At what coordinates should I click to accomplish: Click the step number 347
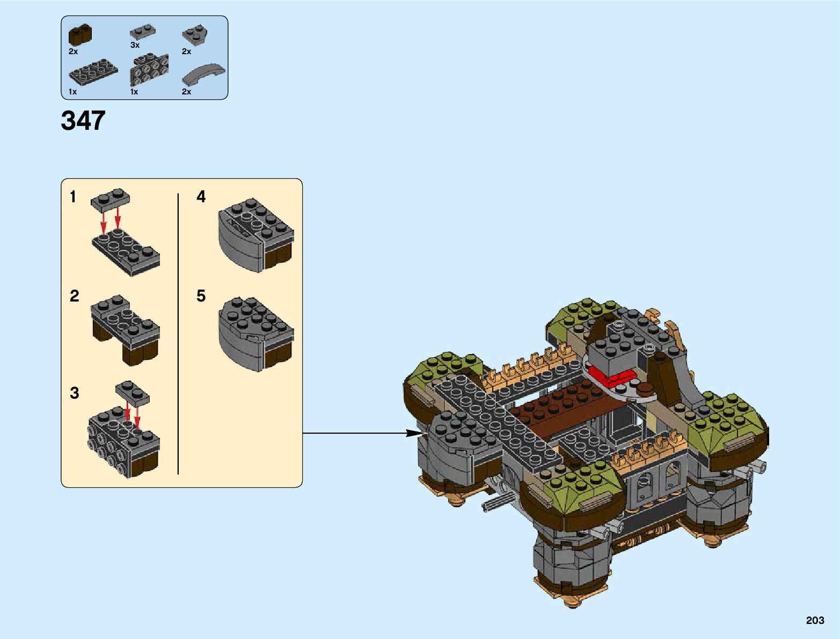(x=83, y=120)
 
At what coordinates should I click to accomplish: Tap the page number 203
(x=814, y=620)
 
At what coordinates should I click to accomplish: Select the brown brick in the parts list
(x=79, y=35)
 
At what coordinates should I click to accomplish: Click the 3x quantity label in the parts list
(x=135, y=46)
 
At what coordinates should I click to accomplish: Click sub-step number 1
(x=73, y=197)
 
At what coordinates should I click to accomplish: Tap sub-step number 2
(x=74, y=296)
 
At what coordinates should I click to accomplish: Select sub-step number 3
(x=74, y=393)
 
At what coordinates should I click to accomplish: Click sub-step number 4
(x=201, y=197)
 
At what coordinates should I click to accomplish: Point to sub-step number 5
(x=201, y=296)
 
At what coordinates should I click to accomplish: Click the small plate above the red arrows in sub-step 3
(x=133, y=393)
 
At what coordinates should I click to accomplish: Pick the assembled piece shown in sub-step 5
(x=255, y=334)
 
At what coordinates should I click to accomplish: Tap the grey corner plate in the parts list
(x=195, y=35)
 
